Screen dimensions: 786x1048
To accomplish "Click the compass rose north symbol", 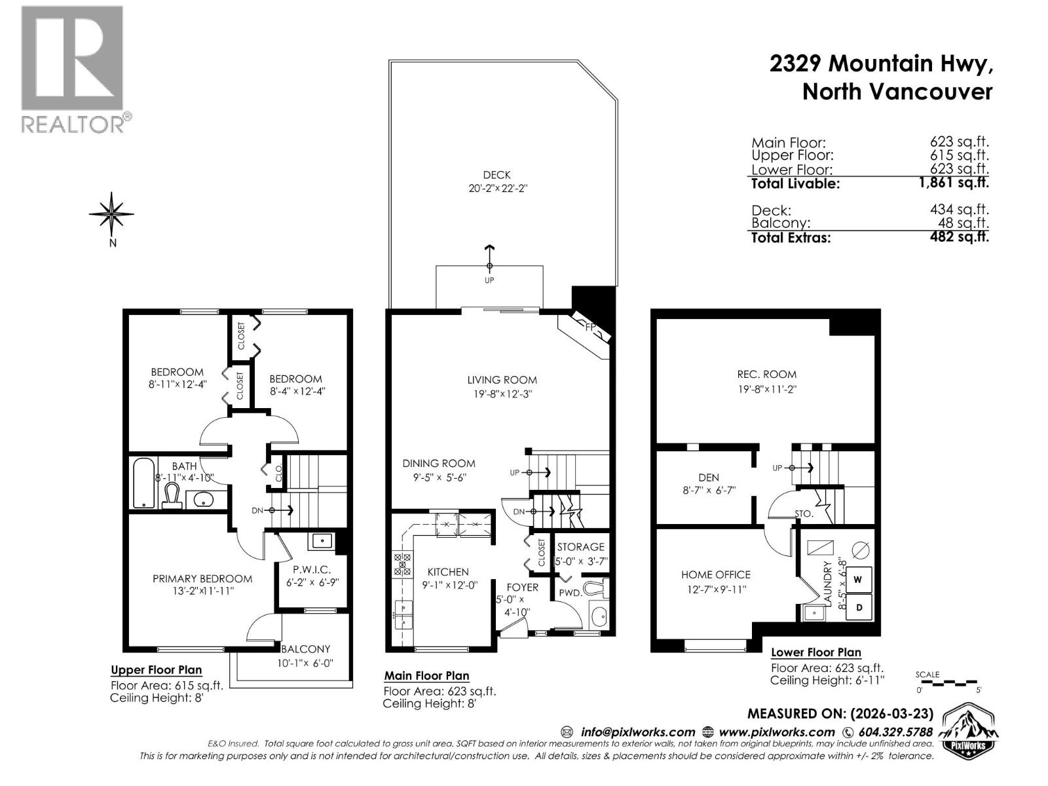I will tap(112, 214).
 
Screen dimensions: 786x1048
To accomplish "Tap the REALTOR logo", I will tap(72, 69).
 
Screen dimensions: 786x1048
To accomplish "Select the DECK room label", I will tap(496, 175).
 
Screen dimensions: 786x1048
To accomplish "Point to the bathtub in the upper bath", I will tap(143, 483).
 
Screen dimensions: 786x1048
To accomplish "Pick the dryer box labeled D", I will tap(859, 607).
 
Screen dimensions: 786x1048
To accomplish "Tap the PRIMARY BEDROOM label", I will tap(202, 578).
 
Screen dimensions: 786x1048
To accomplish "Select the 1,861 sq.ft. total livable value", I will tap(953, 183).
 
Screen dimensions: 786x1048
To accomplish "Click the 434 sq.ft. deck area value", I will tap(959, 210).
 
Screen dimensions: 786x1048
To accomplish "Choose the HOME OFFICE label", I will tap(715, 574).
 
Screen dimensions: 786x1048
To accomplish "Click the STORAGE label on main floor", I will tap(580, 547).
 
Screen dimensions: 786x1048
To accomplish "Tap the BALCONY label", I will tap(305, 649).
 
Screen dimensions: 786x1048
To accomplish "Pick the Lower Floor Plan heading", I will tap(815, 652).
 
